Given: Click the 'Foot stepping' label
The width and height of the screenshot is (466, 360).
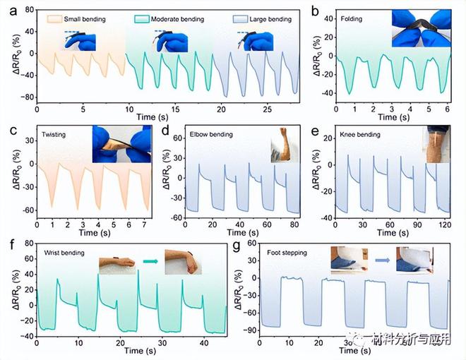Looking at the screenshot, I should click(x=287, y=251).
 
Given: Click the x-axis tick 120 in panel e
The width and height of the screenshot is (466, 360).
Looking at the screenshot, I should click(x=443, y=227).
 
